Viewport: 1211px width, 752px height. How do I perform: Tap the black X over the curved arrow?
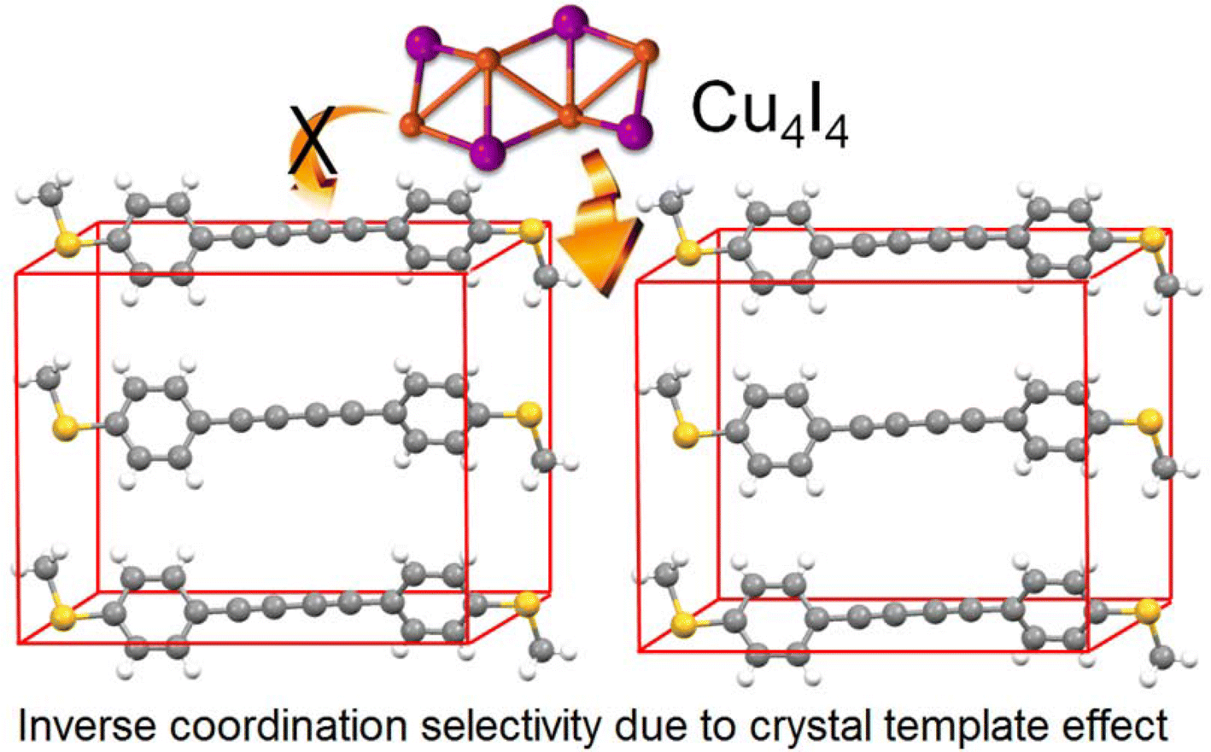pos(312,137)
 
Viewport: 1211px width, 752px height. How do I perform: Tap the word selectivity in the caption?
pos(516,726)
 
